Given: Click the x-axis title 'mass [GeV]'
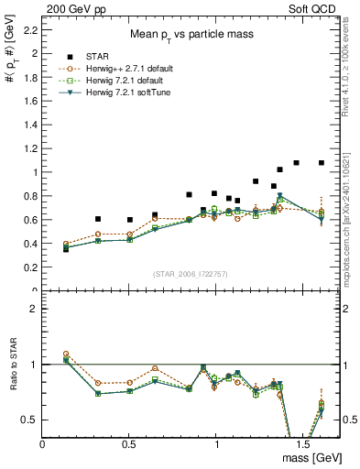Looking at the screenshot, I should coord(309,457).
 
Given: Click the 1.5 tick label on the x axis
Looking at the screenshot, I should coord(302,444).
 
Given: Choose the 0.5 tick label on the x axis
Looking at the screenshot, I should coord(129,444).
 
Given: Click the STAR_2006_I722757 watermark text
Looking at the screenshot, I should coord(191,274).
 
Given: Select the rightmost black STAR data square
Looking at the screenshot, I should coord(322,163).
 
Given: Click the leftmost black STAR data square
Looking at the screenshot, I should coord(66,248).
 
